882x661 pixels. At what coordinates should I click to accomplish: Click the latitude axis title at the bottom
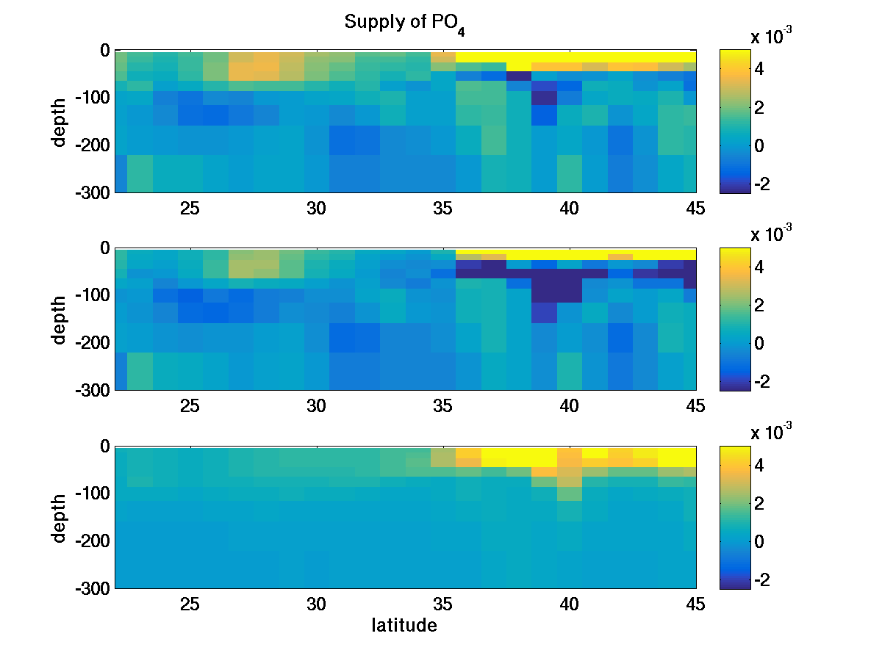(404, 626)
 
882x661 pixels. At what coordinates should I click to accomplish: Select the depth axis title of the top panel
(59, 122)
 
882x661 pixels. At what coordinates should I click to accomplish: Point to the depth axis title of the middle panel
(59, 320)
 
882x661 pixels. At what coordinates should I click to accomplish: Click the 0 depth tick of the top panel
(104, 51)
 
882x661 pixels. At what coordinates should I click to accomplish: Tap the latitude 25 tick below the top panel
(190, 209)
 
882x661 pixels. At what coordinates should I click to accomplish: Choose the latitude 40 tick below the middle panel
(570, 406)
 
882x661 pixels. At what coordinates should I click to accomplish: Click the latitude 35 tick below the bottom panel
(443, 604)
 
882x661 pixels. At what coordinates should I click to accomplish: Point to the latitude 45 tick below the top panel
(695, 209)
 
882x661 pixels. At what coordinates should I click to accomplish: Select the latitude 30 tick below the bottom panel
(317, 604)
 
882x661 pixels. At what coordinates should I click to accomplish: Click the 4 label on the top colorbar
(760, 69)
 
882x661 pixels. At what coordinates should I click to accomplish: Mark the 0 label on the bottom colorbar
(760, 542)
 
